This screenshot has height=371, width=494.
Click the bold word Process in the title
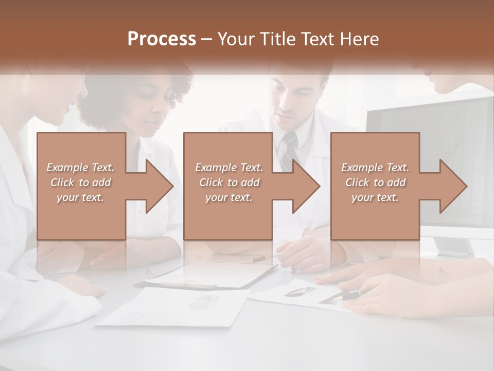[x=162, y=39]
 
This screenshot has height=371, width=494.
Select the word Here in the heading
[x=359, y=39]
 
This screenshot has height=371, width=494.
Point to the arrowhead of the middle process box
[x=306, y=186]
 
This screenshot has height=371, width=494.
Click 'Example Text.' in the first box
[x=80, y=167]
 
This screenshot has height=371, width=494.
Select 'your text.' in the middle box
[x=228, y=197]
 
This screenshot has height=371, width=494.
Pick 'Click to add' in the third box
[x=376, y=182]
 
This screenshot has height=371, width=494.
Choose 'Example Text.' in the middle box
[x=228, y=167]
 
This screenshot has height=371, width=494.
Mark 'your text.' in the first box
[x=80, y=197]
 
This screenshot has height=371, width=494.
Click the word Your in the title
[x=235, y=39]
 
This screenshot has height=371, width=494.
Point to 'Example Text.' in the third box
[x=376, y=167]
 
